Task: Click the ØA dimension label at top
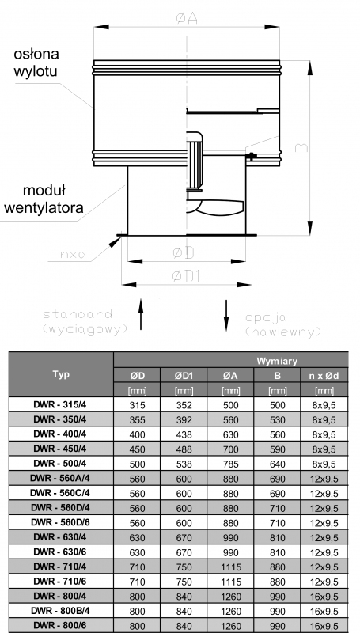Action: coord(187,18)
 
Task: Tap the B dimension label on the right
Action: coord(302,147)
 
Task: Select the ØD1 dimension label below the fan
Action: coord(187,276)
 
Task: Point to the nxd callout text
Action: coord(73,254)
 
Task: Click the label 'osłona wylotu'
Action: coord(36,63)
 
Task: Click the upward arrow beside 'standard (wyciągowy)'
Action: coord(141,314)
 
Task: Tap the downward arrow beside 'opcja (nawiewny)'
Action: coord(226,315)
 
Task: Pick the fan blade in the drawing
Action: coord(215,208)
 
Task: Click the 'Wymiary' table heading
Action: coord(277,361)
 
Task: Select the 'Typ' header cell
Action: coord(61,374)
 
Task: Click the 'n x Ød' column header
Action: coord(324,376)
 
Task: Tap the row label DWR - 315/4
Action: coord(61,404)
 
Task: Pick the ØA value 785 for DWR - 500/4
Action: coord(230,464)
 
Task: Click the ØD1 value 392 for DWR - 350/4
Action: coord(184,420)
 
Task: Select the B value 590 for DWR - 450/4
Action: coord(277,449)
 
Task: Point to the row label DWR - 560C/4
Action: coord(61,493)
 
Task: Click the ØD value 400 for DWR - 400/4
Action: coord(137,434)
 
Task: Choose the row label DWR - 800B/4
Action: coord(61,611)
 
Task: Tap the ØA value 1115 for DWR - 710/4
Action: coord(230,567)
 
